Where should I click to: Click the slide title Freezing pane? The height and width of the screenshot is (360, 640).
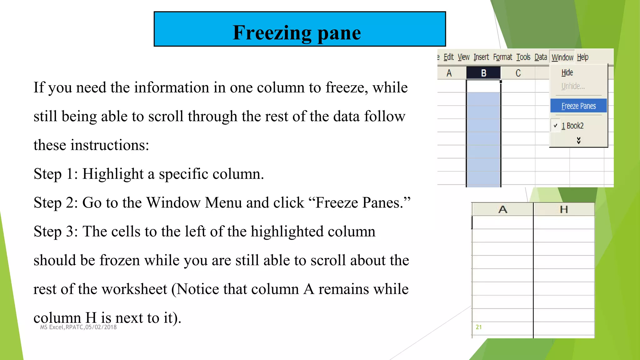click(297, 32)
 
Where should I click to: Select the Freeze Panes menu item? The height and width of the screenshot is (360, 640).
click(578, 106)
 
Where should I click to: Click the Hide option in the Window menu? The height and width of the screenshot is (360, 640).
click(567, 73)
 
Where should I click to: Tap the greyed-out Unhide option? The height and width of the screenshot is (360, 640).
click(572, 86)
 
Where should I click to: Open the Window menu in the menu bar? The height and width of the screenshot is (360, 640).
click(562, 57)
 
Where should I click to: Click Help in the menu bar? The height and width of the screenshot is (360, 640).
click(582, 57)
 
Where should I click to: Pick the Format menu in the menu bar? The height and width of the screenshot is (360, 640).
click(502, 57)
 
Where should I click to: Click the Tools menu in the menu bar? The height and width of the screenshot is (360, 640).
click(523, 57)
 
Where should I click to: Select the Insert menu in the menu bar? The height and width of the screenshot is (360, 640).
click(481, 57)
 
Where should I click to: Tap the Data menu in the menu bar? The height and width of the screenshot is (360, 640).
click(541, 57)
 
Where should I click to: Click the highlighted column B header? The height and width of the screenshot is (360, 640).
click(483, 73)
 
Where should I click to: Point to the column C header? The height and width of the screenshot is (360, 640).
click(518, 73)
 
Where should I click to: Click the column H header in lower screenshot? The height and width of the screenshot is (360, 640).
click(564, 209)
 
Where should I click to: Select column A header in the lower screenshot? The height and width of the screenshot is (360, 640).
click(502, 209)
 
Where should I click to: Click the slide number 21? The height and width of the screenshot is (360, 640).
click(478, 327)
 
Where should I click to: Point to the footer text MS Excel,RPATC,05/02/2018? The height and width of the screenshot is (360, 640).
click(78, 327)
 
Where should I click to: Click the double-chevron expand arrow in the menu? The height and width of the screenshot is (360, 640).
click(578, 140)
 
